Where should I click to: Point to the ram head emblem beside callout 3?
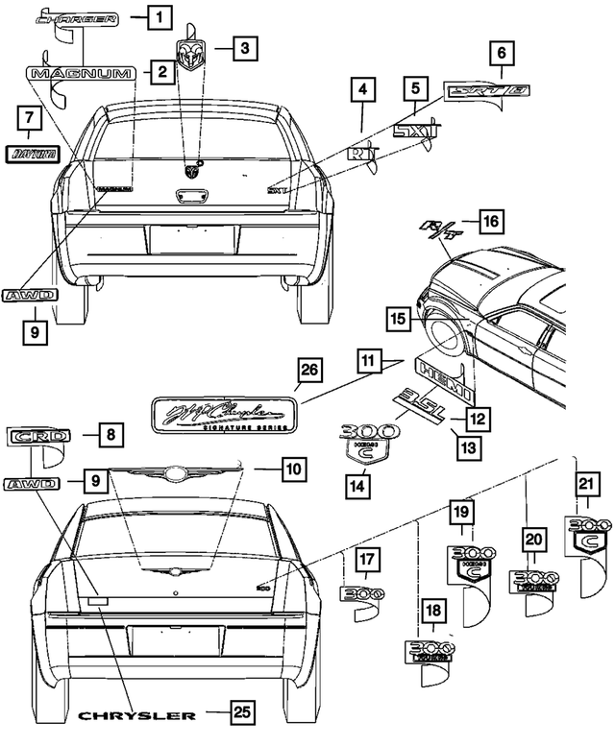[x=192, y=55]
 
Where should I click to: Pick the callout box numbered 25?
[x=244, y=713]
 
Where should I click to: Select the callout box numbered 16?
[x=489, y=222]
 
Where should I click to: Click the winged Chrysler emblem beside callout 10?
[x=176, y=471]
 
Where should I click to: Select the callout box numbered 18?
[x=433, y=610]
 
